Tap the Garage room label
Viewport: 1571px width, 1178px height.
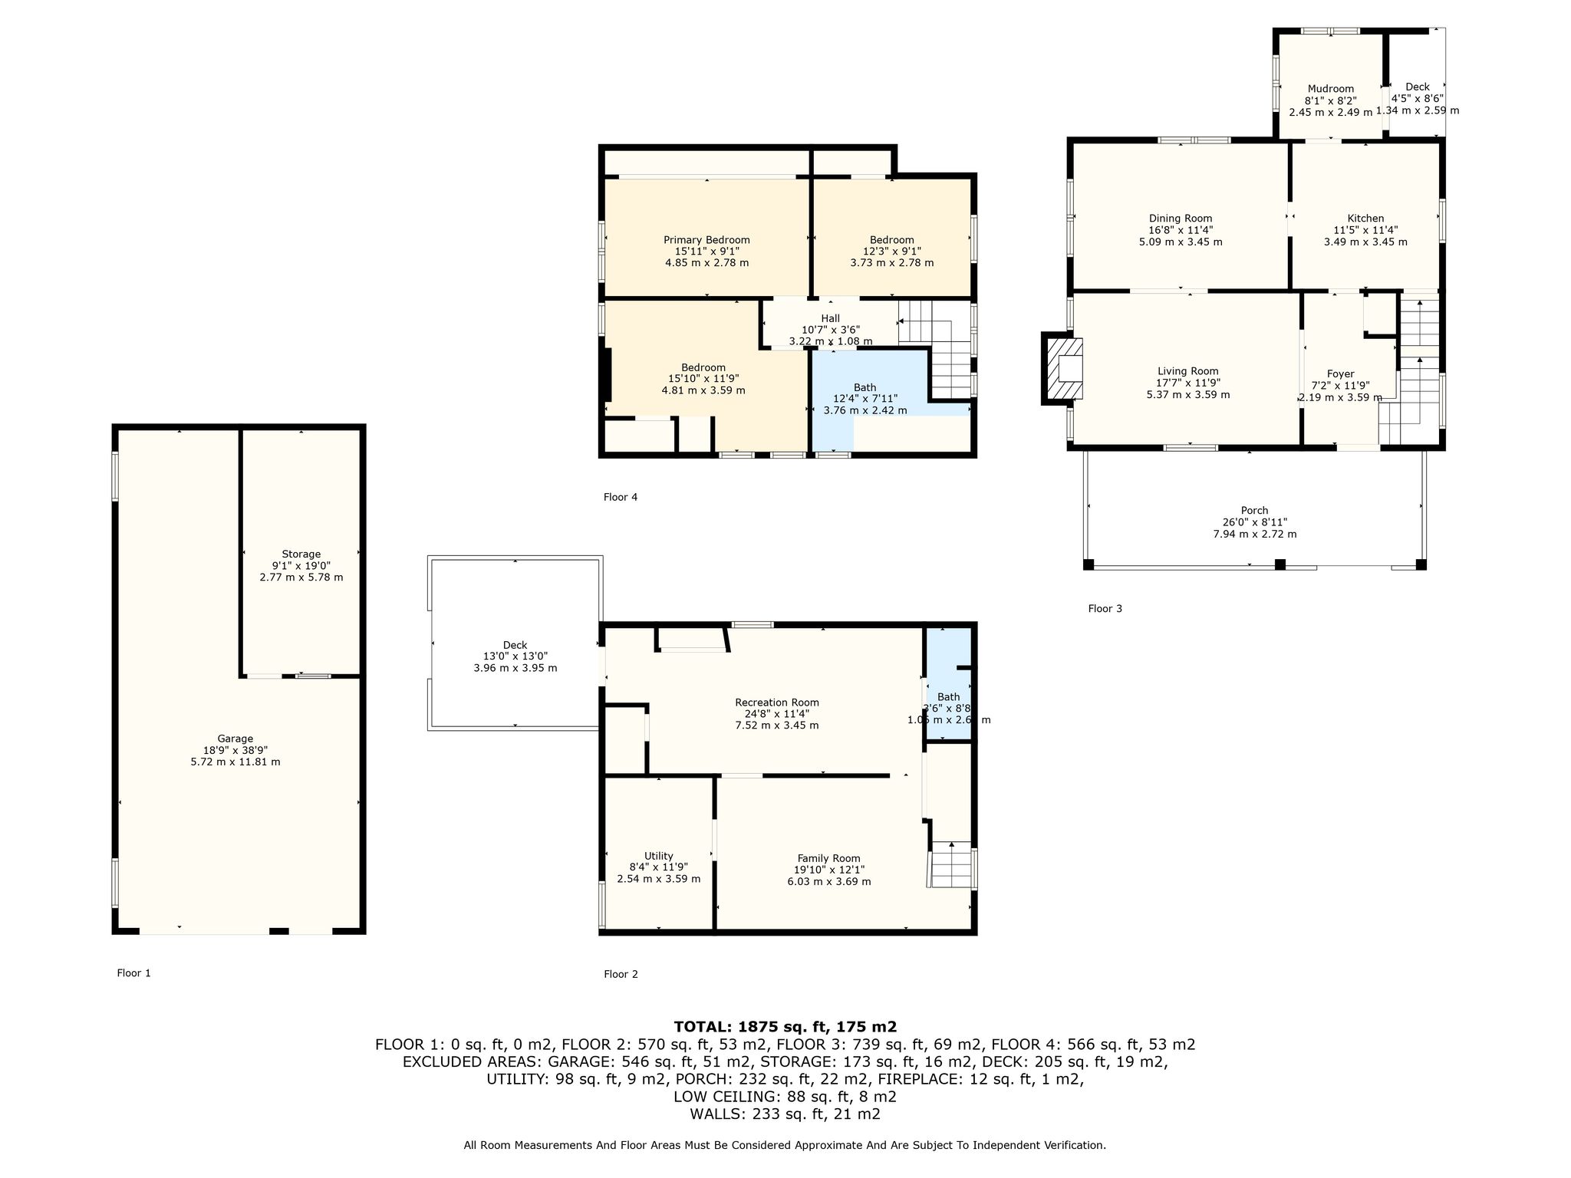click(x=235, y=739)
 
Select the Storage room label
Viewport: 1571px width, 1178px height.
click(x=301, y=554)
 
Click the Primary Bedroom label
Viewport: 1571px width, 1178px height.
click(x=706, y=240)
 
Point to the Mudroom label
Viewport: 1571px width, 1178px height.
click(x=1331, y=89)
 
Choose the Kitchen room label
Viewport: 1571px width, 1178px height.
click(x=1365, y=219)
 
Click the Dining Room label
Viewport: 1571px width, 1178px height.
click(x=1181, y=219)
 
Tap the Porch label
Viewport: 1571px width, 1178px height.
click(x=1255, y=511)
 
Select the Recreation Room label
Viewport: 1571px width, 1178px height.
click(x=777, y=703)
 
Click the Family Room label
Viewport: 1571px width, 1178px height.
click(x=829, y=858)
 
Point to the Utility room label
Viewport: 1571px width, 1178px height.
click(x=659, y=856)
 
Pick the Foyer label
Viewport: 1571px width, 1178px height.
click(x=1341, y=374)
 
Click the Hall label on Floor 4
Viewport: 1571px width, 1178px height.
click(x=831, y=318)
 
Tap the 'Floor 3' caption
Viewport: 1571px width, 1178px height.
click(x=1105, y=609)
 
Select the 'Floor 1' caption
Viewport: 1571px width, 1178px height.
click(x=134, y=973)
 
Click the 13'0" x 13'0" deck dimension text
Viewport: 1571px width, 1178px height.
click(x=515, y=656)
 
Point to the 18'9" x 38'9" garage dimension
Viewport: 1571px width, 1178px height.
click(x=235, y=750)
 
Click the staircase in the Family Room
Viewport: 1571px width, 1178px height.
click(x=951, y=864)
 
